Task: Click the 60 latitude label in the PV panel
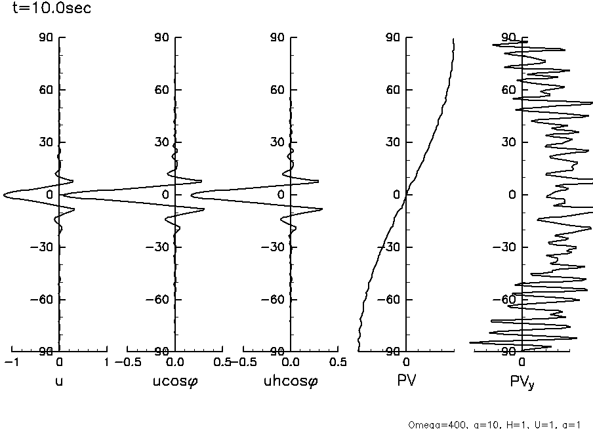point(393,90)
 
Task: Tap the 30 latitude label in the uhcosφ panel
point(277,142)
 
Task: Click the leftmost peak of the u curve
point(4,195)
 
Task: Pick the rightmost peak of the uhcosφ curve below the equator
point(322,209)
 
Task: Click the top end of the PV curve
point(453,39)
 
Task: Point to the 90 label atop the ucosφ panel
point(161,37)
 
